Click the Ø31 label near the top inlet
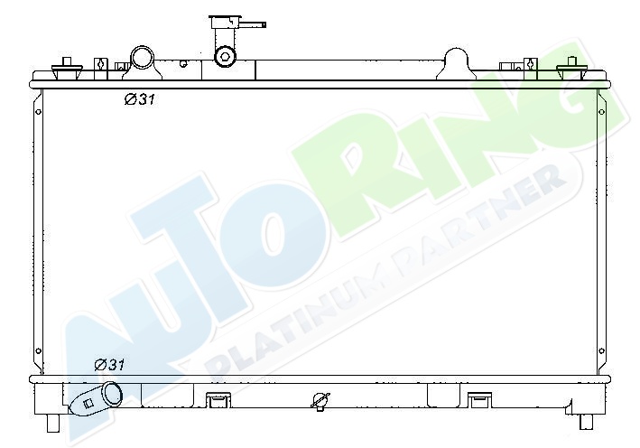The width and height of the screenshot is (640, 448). click(x=140, y=98)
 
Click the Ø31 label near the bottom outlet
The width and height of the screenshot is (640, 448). click(x=110, y=364)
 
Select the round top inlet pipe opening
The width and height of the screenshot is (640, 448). click(x=143, y=58)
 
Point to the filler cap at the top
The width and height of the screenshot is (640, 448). click(x=224, y=22)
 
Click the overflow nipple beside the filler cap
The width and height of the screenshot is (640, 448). click(x=252, y=24)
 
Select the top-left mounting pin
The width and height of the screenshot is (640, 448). click(x=67, y=68)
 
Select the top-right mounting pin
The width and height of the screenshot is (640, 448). click(x=571, y=68)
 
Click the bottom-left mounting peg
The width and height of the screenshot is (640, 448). click(x=53, y=423)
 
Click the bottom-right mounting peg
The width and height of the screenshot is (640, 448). click(x=587, y=422)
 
